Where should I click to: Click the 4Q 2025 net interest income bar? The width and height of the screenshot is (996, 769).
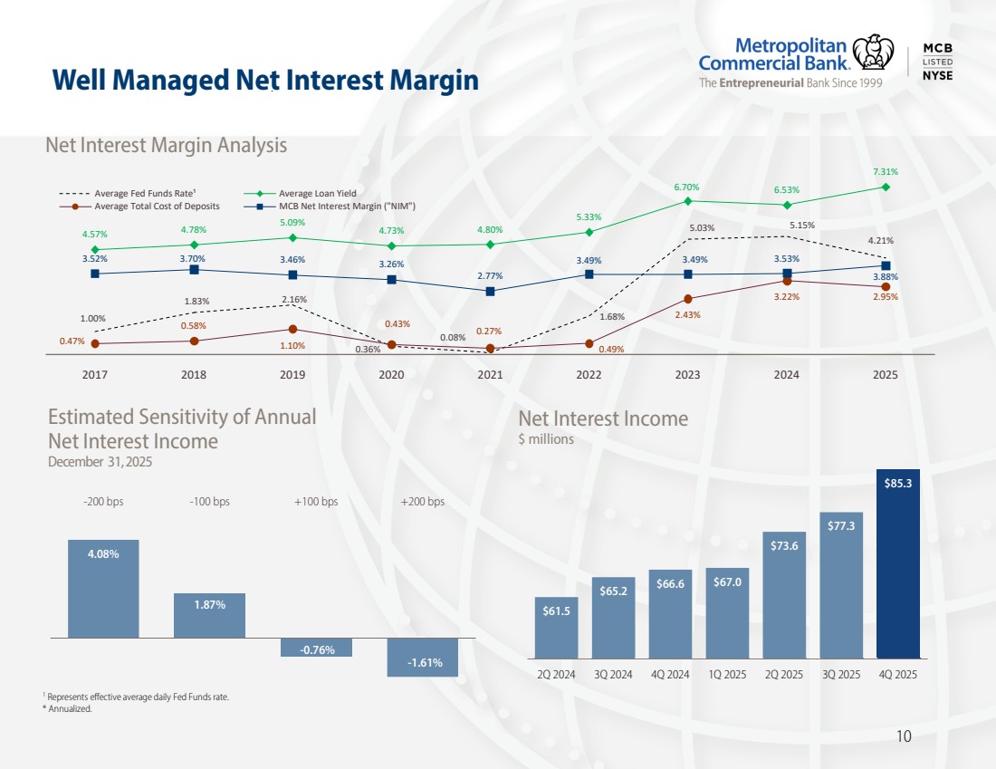[x=898, y=562]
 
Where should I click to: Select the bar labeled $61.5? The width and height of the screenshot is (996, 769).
[x=556, y=627]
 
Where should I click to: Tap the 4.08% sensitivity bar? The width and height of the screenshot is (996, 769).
[x=103, y=589]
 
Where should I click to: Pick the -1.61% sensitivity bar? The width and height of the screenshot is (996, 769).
[x=423, y=657]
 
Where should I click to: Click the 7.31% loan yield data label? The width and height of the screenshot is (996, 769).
[x=886, y=171]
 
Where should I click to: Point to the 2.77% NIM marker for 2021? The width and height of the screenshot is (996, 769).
[x=490, y=292]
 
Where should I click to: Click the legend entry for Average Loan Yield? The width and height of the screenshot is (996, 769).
[x=317, y=193]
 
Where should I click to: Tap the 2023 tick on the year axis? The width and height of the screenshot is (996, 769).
[x=688, y=374]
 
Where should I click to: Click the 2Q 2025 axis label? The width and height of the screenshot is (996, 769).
[x=784, y=675]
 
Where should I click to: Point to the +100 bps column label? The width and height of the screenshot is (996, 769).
[x=316, y=502]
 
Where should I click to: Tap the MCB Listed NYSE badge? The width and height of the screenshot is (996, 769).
[x=936, y=62]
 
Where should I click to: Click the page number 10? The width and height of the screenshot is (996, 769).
[x=903, y=736]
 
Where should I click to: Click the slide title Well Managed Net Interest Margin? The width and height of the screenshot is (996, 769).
[x=264, y=81]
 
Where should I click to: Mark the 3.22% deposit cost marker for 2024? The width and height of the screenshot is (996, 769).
[x=787, y=281]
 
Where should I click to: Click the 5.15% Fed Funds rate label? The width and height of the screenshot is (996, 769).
[x=802, y=225]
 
